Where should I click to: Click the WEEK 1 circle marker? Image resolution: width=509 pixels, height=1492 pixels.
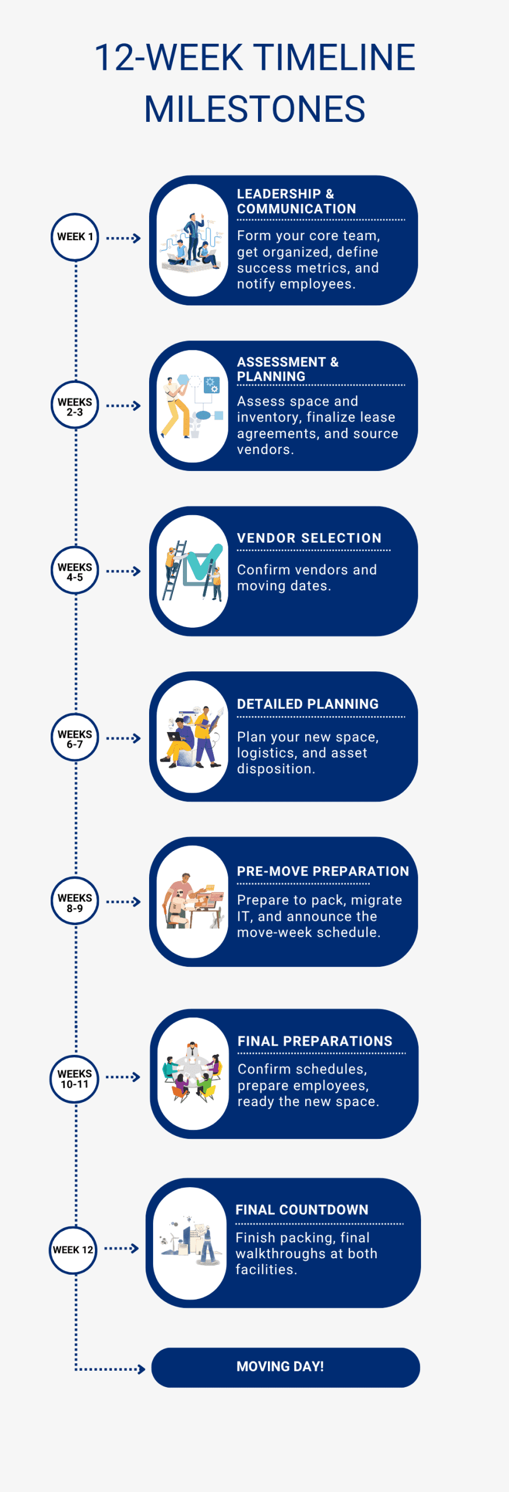coord(75,237)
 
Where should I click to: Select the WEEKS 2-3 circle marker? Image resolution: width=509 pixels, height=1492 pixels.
coord(75,406)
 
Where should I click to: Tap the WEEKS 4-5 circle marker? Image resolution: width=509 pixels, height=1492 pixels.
coord(75,571)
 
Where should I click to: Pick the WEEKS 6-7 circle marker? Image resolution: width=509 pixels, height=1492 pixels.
coord(75,738)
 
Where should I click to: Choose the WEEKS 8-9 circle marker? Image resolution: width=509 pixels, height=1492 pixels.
coord(75,902)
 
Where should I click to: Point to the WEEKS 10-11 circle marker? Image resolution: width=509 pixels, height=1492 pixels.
coord(75,1078)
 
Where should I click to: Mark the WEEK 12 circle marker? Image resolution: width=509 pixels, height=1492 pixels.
coord(73,1250)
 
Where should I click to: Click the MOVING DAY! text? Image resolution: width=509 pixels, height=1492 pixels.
coord(280,1366)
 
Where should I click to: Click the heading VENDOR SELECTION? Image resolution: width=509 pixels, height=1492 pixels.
coord(309,538)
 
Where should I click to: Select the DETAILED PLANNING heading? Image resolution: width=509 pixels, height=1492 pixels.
coord(307,704)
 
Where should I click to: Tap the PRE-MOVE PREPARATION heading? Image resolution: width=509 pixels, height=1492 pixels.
coord(323,871)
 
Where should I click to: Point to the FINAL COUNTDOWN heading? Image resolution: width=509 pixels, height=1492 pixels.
coord(302,1210)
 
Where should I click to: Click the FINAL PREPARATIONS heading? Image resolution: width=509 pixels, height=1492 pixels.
coord(314,1041)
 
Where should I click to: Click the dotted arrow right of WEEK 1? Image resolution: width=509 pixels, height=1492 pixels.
coord(123,238)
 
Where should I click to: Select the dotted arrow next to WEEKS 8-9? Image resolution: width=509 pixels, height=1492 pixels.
coord(123,902)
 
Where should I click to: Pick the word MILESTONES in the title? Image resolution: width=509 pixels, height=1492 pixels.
coord(254,109)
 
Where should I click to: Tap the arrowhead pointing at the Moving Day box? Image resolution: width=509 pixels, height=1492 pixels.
coord(141,1369)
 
